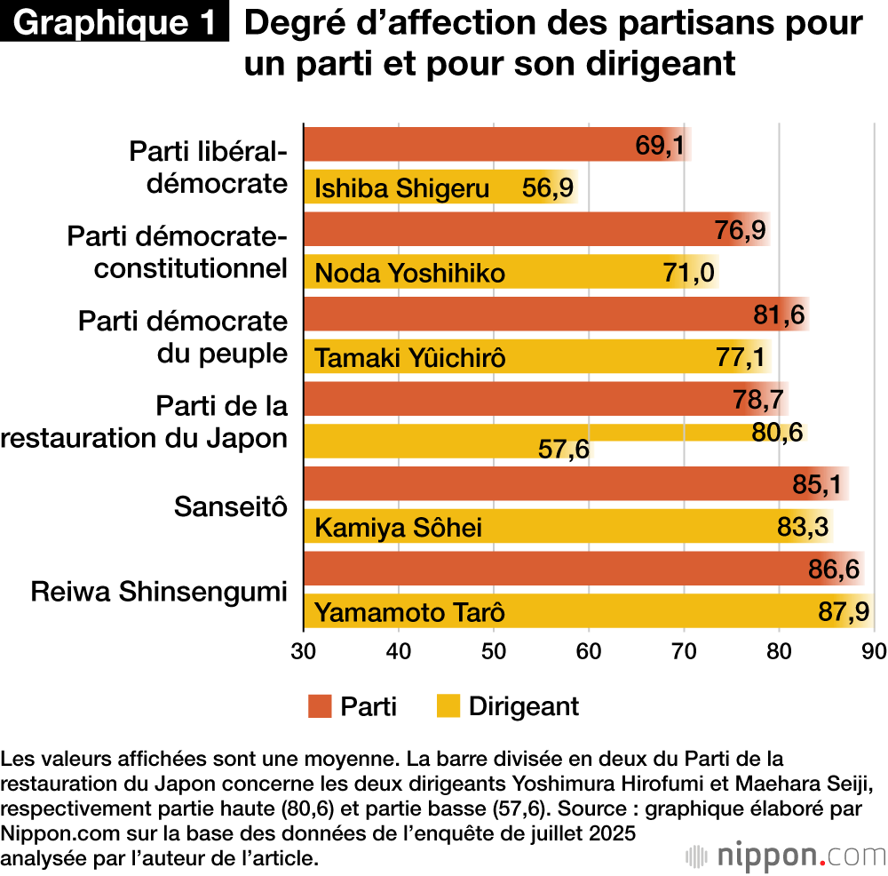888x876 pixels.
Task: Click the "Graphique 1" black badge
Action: (115, 23)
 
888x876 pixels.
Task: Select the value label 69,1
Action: (660, 145)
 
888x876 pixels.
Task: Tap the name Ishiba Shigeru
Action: (402, 188)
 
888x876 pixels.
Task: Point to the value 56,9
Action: (548, 188)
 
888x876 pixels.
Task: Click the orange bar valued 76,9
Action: (533, 230)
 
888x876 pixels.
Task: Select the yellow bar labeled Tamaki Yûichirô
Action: (533, 358)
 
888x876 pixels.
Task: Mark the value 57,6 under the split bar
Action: (564, 450)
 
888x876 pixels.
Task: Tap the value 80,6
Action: (777, 432)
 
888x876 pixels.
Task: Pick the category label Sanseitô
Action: (231, 506)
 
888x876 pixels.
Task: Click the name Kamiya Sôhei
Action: (399, 529)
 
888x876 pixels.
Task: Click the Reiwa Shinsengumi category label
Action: (160, 592)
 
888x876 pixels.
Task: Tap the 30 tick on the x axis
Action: (305, 651)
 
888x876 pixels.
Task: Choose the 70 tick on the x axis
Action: (685, 651)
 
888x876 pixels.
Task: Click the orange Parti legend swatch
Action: (320, 706)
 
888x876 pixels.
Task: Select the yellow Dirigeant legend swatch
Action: (448, 706)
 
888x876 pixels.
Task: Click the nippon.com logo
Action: (786, 855)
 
